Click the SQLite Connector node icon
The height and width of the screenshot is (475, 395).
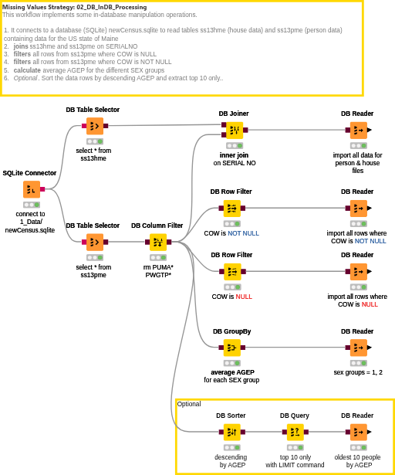click(x=32, y=189)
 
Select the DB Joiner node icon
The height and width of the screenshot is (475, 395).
click(x=235, y=131)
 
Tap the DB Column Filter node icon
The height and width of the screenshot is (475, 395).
click(x=158, y=242)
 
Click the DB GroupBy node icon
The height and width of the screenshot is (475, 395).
click(x=232, y=348)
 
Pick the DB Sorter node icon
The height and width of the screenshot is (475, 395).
click(x=232, y=432)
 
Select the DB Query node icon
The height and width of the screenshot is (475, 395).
click(x=295, y=432)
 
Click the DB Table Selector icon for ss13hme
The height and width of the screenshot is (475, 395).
click(x=95, y=126)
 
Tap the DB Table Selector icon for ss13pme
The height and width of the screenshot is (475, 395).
click(x=95, y=242)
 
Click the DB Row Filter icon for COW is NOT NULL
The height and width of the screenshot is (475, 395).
click(x=232, y=209)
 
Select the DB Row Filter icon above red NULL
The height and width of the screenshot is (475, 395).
click(x=232, y=272)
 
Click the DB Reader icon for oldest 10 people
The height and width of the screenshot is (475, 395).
click(x=359, y=432)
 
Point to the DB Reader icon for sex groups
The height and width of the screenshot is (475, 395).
click(x=359, y=348)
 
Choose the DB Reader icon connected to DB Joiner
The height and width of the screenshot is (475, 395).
click(x=359, y=131)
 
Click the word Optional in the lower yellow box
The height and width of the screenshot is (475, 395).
click(x=189, y=404)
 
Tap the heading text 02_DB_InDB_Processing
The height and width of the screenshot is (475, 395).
click(x=112, y=7)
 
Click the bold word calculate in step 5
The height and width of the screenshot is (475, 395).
click(x=27, y=70)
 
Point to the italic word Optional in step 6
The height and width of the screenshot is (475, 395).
click(x=25, y=78)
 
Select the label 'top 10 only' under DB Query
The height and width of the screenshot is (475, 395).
click(x=295, y=457)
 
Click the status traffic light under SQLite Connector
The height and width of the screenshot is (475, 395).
click(x=32, y=205)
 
